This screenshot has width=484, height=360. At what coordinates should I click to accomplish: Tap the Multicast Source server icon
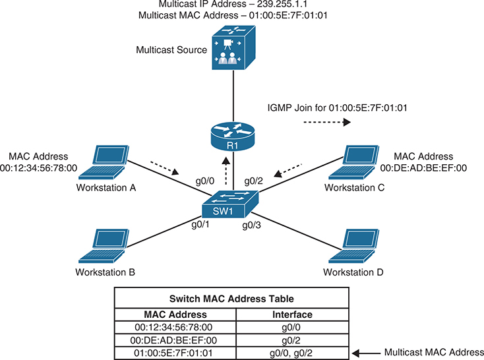point(227,50)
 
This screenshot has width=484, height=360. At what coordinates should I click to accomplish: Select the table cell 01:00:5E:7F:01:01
point(175,353)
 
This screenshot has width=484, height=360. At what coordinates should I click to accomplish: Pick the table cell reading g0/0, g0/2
point(291,353)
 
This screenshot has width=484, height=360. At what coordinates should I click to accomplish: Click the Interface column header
point(291,315)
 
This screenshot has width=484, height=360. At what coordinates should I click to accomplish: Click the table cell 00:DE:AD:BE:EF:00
point(175,340)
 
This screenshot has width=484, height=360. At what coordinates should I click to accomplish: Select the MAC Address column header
point(175,315)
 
